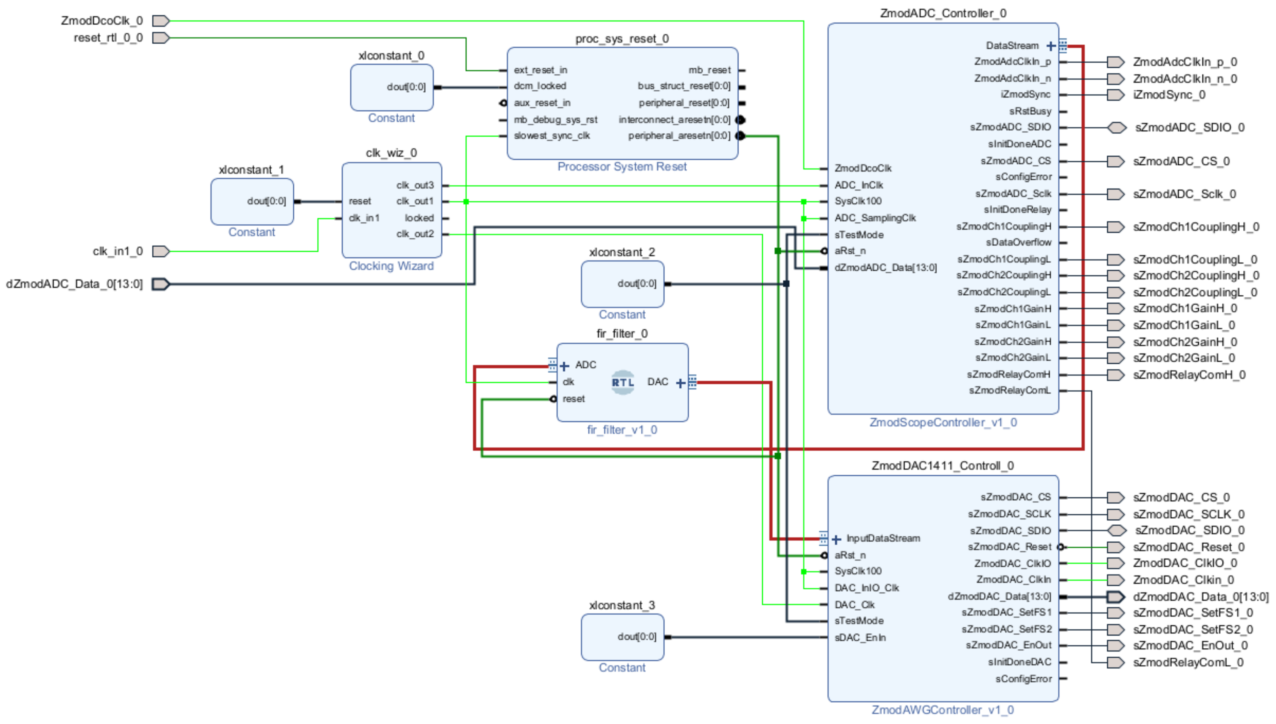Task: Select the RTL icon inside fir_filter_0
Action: pyautogui.click(x=623, y=382)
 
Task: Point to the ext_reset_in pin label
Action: pyautogui.click(x=540, y=70)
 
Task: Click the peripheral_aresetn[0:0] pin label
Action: pyautogui.click(x=679, y=136)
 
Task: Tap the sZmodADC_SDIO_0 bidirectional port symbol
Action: pyautogui.click(x=1116, y=128)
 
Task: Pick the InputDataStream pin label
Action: pyautogui.click(x=883, y=538)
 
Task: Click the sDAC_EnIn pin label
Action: pyautogui.click(x=860, y=638)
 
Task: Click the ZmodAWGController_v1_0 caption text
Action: pyautogui.click(x=943, y=710)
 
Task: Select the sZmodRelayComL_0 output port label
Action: pyautogui.click(x=1188, y=663)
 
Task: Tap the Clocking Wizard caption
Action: pyautogui.click(x=391, y=266)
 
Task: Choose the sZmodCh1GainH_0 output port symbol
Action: pyautogui.click(x=1115, y=309)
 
